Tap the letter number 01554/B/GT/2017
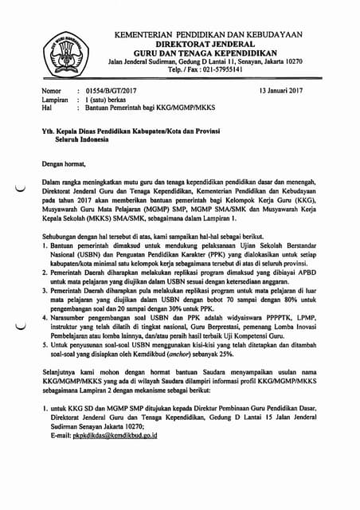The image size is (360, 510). click(110, 92)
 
